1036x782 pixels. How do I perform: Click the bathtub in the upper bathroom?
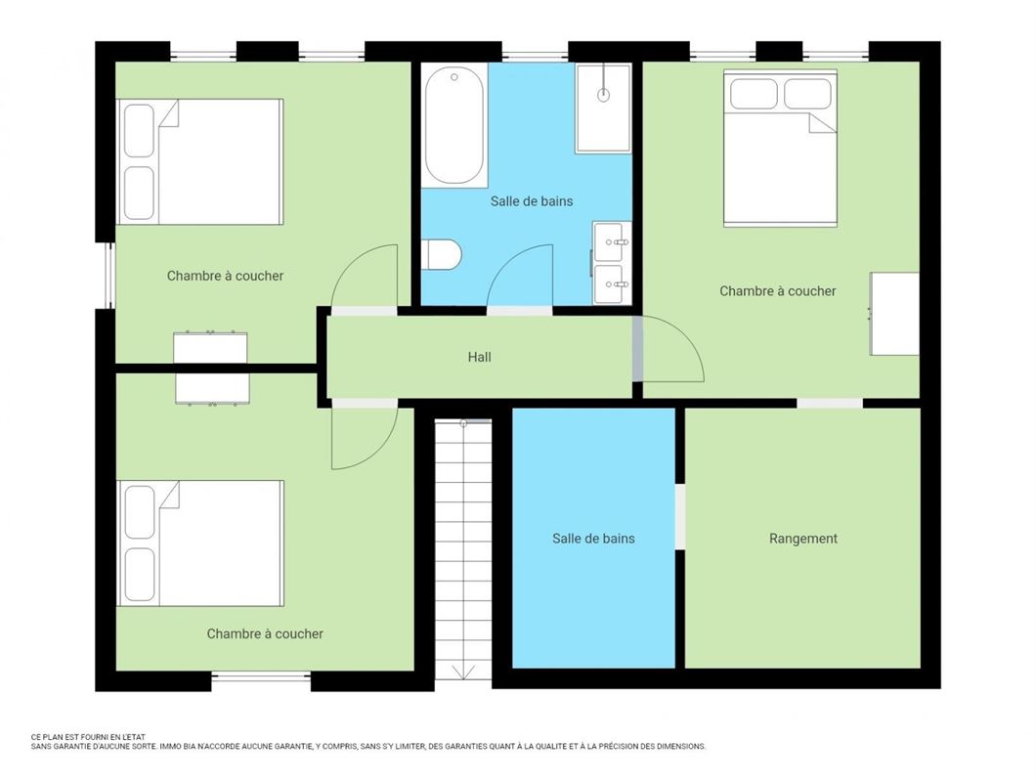pos(454,125)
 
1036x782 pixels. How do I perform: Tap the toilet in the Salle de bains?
pos(444,255)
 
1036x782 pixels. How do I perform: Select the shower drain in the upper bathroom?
pos(603,96)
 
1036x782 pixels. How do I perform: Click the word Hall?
pos(479,357)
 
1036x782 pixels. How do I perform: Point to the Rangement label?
pos(802,539)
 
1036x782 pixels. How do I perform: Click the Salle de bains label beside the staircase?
pos(593,539)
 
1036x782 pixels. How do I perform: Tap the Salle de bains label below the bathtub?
pos(532,200)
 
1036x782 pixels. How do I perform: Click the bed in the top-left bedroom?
pos(200,161)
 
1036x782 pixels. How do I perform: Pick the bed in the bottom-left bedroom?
pos(200,543)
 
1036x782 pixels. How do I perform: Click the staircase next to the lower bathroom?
pos(463,547)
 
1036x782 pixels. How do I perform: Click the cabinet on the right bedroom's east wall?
pos(894,314)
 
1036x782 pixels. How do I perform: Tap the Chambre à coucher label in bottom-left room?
pos(265,633)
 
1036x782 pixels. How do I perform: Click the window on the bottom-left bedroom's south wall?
pos(261,676)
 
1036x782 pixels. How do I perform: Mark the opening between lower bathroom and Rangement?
pos(680,517)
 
